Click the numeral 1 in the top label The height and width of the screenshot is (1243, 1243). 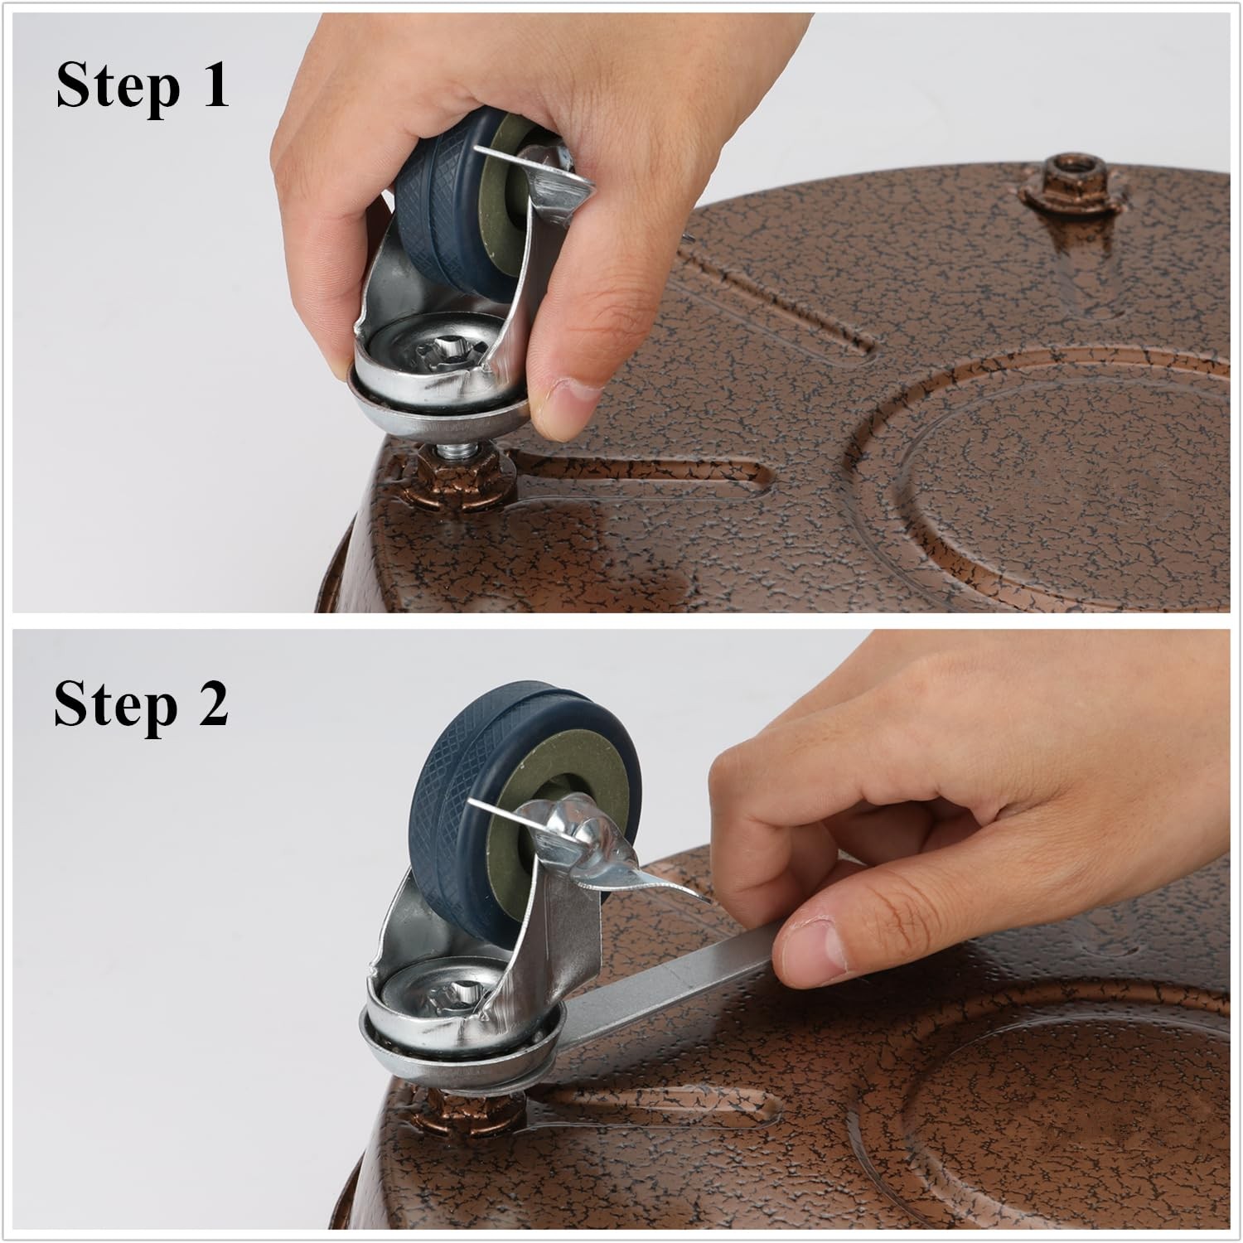tap(215, 85)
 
